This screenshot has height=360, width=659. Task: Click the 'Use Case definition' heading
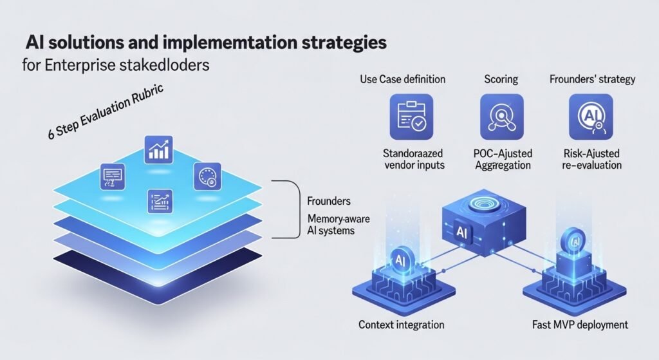click(403, 79)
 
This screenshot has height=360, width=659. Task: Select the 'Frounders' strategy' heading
click(592, 79)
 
